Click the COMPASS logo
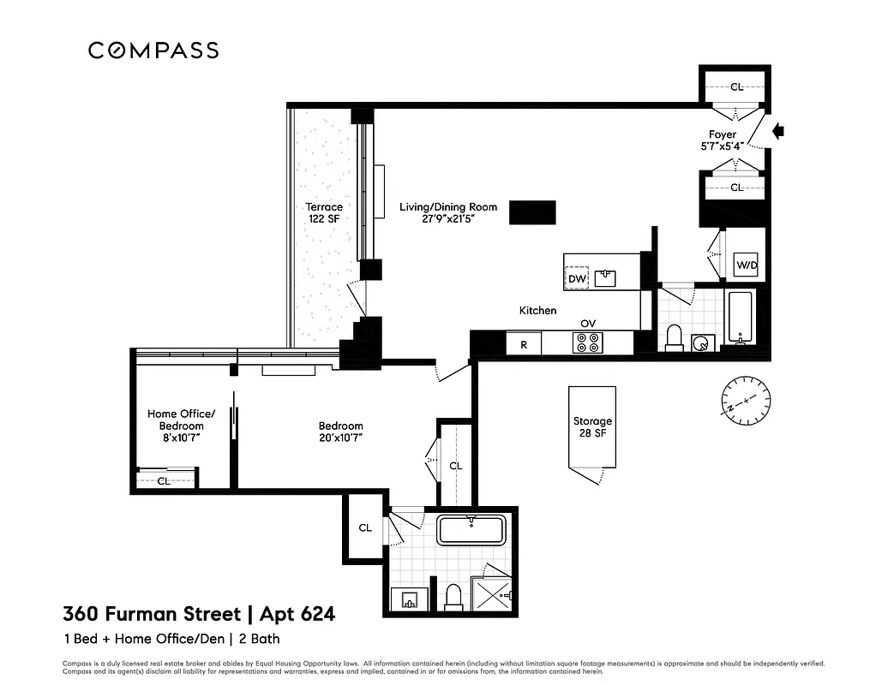pos(153,51)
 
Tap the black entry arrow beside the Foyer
pos(778,131)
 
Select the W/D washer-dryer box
pos(747,265)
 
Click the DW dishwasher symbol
pos(576,278)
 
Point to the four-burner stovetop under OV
pos(587,342)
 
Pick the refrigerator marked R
pos(524,344)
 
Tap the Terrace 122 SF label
pos(324,212)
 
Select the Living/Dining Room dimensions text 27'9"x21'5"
pos(436,219)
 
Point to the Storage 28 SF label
pos(592,426)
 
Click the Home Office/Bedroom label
pos(181,420)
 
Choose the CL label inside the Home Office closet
pos(164,481)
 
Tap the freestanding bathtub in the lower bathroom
pos(471,530)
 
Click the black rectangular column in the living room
pos(532,211)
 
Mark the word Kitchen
pos(537,310)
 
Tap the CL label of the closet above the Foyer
pos(736,86)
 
